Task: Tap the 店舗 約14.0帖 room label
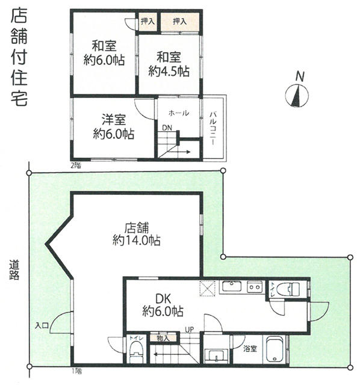137,234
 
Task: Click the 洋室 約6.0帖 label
114,127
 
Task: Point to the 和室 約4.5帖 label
169,64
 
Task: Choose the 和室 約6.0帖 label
104,53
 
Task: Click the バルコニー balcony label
213,129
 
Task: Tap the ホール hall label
179,113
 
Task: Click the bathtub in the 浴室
275,350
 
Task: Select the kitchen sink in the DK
232,286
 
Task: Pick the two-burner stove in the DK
255,286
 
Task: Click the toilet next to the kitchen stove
288,289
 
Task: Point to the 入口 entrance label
42,326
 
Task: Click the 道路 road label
14,269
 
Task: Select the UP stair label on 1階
190,330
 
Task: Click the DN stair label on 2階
167,128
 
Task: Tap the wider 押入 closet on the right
180,22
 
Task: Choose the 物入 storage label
163,338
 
